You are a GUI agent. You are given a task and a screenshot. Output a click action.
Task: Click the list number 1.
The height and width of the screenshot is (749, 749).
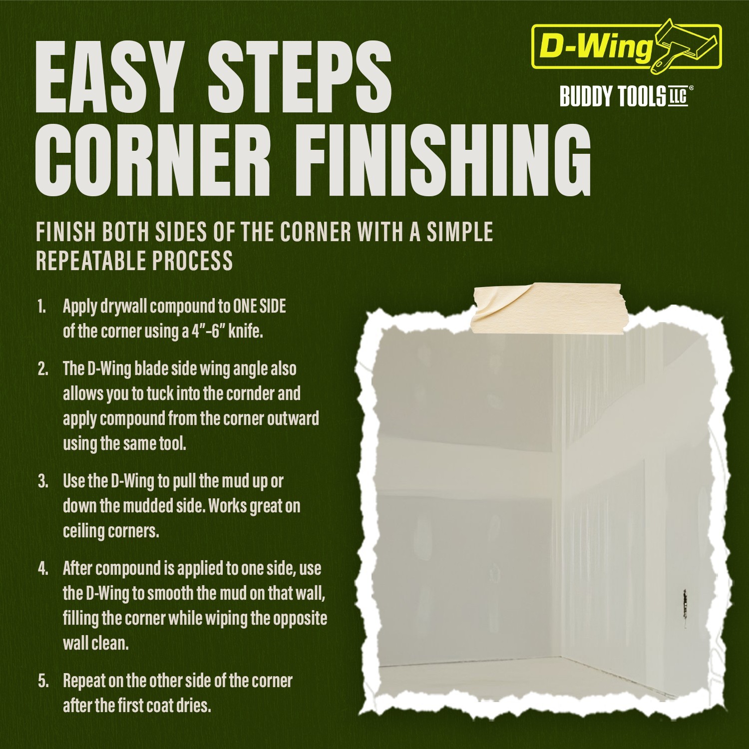(42, 307)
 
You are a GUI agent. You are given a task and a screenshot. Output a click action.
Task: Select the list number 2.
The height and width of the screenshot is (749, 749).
(43, 369)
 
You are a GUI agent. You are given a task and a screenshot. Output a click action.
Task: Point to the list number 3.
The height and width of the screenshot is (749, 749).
(43, 481)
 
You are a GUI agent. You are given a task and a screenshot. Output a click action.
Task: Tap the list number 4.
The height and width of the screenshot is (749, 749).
(43, 569)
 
